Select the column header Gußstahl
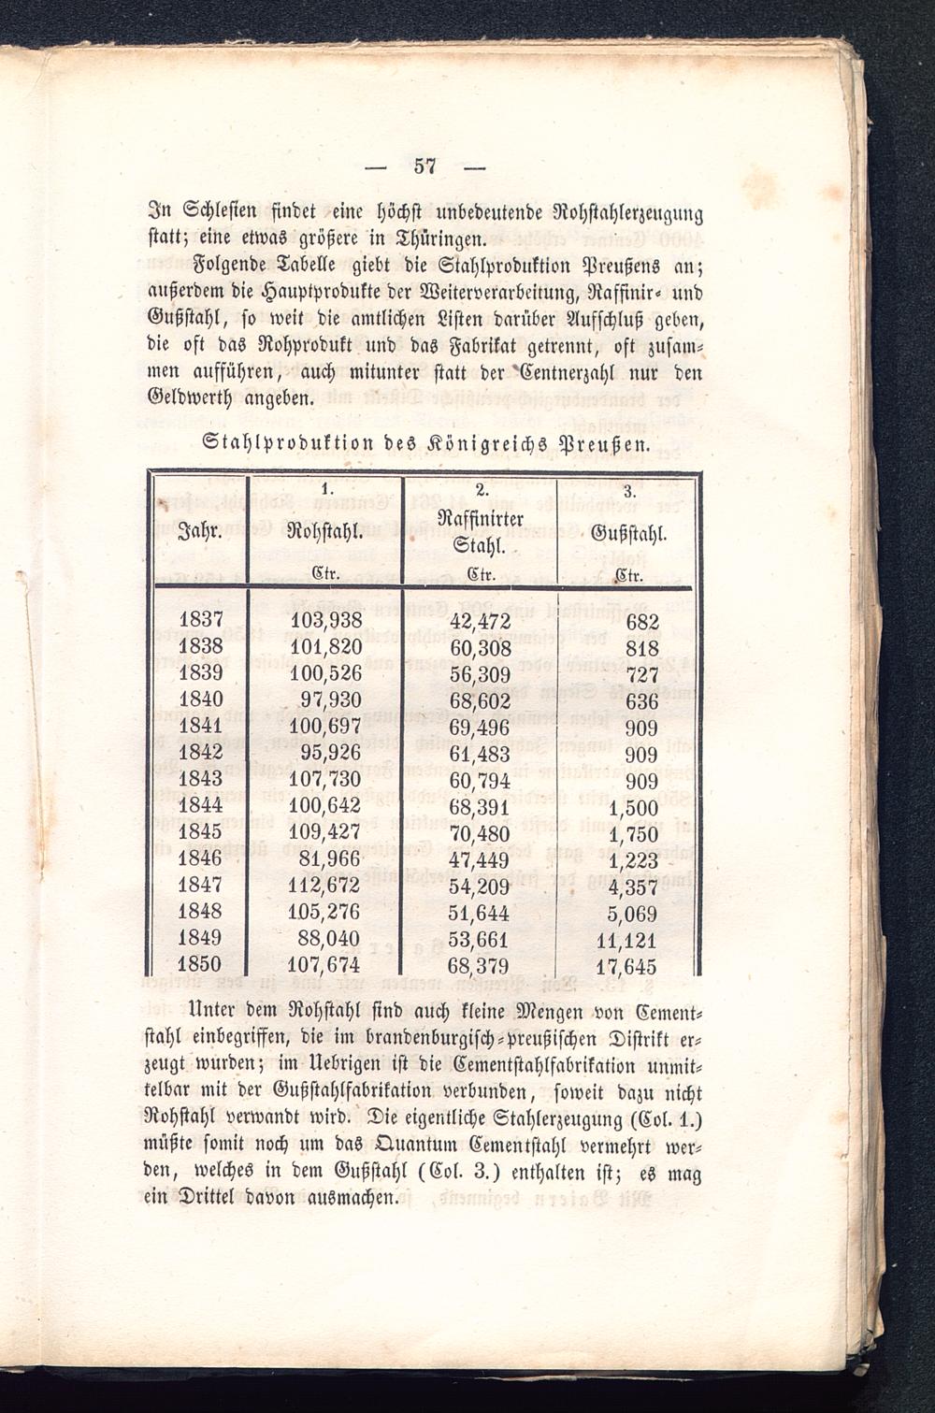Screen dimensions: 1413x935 (627, 535)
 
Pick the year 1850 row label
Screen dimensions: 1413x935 (200, 964)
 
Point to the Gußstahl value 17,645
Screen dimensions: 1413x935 (626, 966)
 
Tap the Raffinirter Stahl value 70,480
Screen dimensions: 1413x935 (480, 832)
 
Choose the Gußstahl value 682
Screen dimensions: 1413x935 (642, 622)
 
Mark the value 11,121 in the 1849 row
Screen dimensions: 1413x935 (626, 940)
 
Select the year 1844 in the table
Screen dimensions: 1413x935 (200, 805)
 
